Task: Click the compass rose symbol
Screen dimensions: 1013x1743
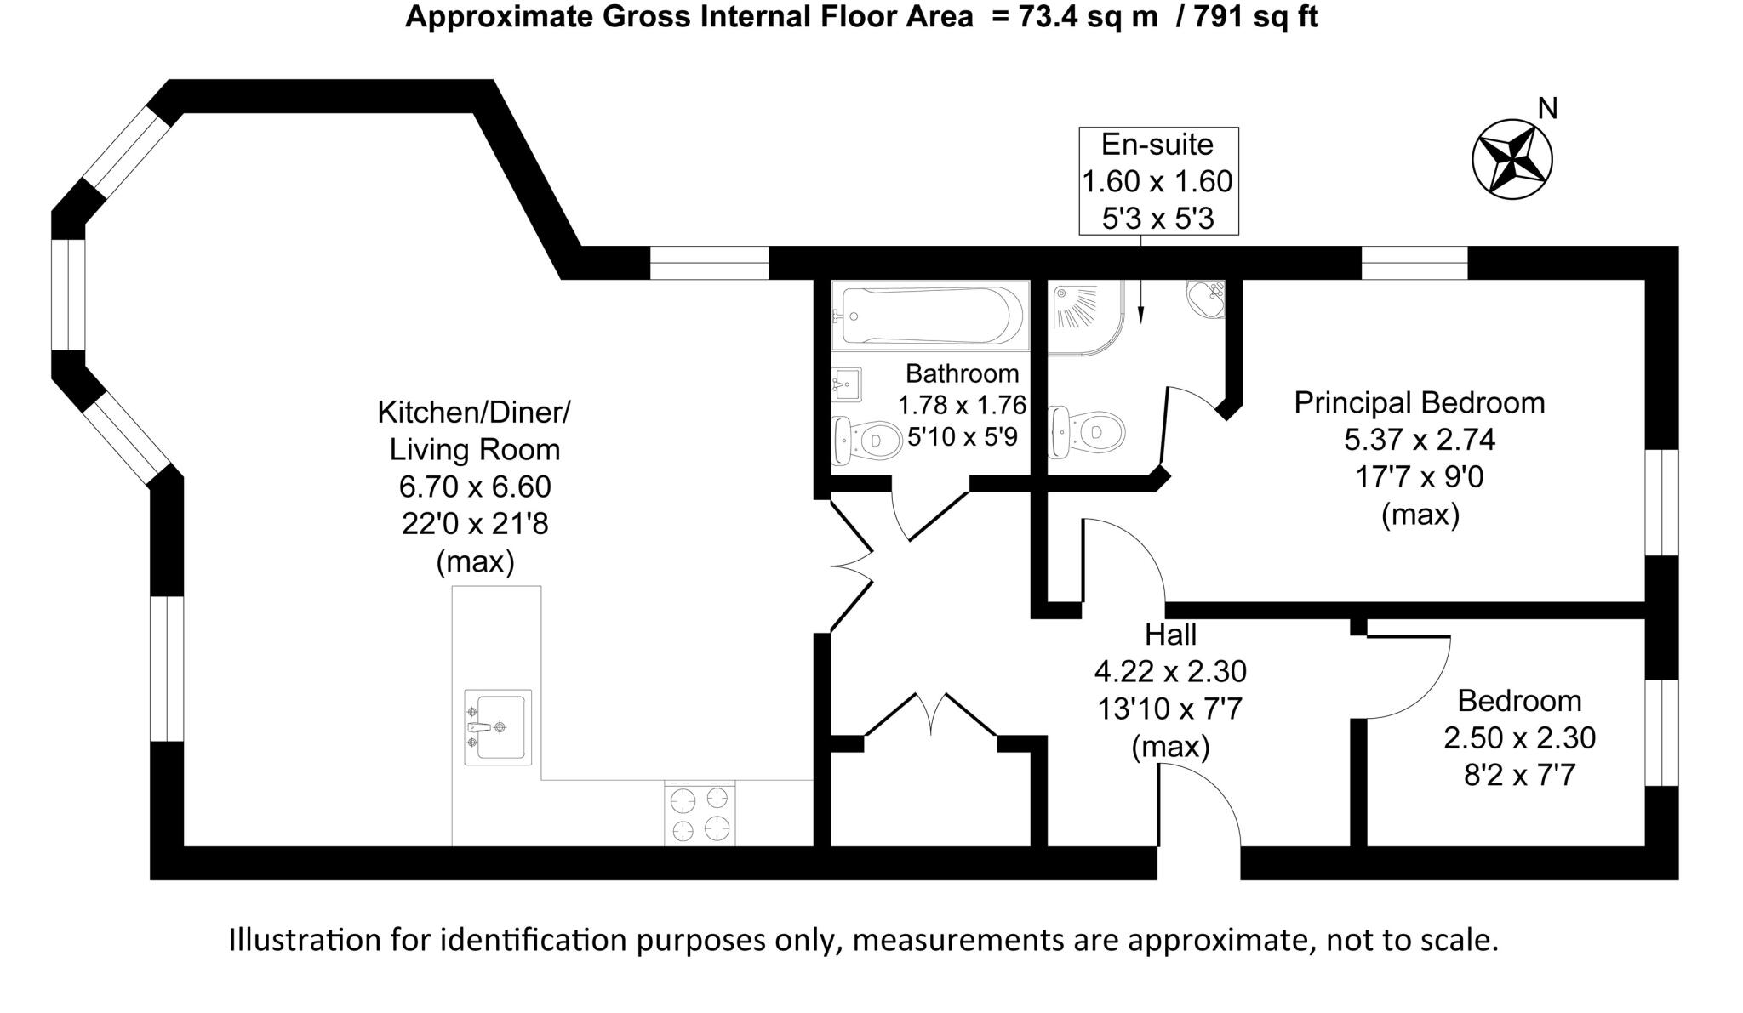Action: click(x=1512, y=159)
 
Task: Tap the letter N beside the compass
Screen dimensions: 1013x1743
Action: click(x=1548, y=109)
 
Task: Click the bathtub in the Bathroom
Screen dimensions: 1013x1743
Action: click(x=929, y=316)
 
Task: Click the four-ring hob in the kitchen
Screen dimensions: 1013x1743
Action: click(x=700, y=813)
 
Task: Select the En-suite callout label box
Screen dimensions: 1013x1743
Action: click(x=1157, y=181)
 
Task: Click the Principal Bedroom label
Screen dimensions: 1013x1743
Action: click(x=1419, y=402)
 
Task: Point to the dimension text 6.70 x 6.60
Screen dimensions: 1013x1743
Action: click(x=475, y=487)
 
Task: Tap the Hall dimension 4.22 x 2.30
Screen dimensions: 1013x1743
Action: click(x=1170, y=671)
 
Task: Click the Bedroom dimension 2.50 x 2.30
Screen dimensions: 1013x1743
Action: click(x=1519, y=737)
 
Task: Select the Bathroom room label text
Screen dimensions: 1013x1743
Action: click(x=962, y=373)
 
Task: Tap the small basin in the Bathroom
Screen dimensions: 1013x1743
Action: click(x=846, y=384)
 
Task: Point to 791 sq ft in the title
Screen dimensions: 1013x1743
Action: click(x=1255, y=16)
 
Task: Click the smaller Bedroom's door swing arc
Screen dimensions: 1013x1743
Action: click(x=1413, y=680)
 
